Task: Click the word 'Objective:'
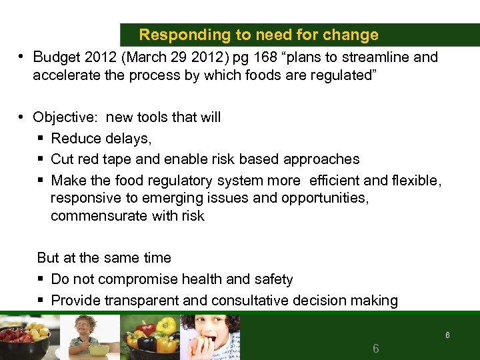(66, 117)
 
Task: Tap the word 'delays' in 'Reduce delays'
(132, 138)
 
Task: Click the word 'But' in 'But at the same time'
(48, 258)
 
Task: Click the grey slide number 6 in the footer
(376, 347)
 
